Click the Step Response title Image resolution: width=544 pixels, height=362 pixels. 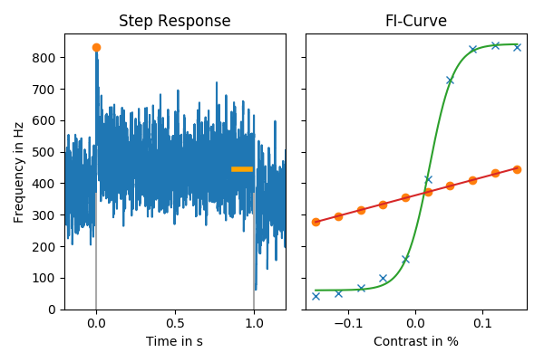pyautogui.click(x=175, y=21)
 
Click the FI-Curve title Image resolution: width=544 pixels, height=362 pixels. pyautogui.click(x=415, y=21)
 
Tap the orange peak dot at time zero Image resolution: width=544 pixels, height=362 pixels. pyautogui.click(x=96, y=47)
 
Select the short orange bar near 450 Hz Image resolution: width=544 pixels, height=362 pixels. pyautogui.click(x=242, y=168)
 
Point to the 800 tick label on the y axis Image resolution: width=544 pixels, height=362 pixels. pyautogui.click(x=45, y=58)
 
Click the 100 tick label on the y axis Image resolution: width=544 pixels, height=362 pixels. pyautogui.click(x=45, y=278)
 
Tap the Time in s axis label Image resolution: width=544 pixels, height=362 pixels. pyautogui.click(x=175, y=341)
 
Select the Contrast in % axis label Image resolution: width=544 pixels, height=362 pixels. pyautogui.click(x=415, y=341)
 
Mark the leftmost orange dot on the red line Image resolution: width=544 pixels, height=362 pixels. pyautogui.click(x=316, y=222)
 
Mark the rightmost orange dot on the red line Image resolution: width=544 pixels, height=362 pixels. pyautogui.click(x=517, y=169)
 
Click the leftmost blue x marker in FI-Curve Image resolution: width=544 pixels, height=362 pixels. pyautogui.click(x=316, y=296)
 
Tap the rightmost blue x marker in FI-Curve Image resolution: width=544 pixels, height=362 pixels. pyautogui.click(x=517, y=47)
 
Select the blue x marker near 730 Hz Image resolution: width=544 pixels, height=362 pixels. pyautogui.click(x=450, y=81)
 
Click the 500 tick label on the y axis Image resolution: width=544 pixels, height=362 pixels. pyautogui.click(x=45, y=152)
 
